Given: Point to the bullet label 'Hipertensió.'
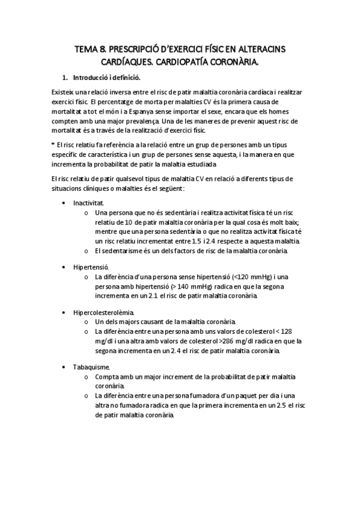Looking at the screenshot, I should coord(90,265).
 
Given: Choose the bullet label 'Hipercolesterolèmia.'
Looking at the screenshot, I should coord(103,312).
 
